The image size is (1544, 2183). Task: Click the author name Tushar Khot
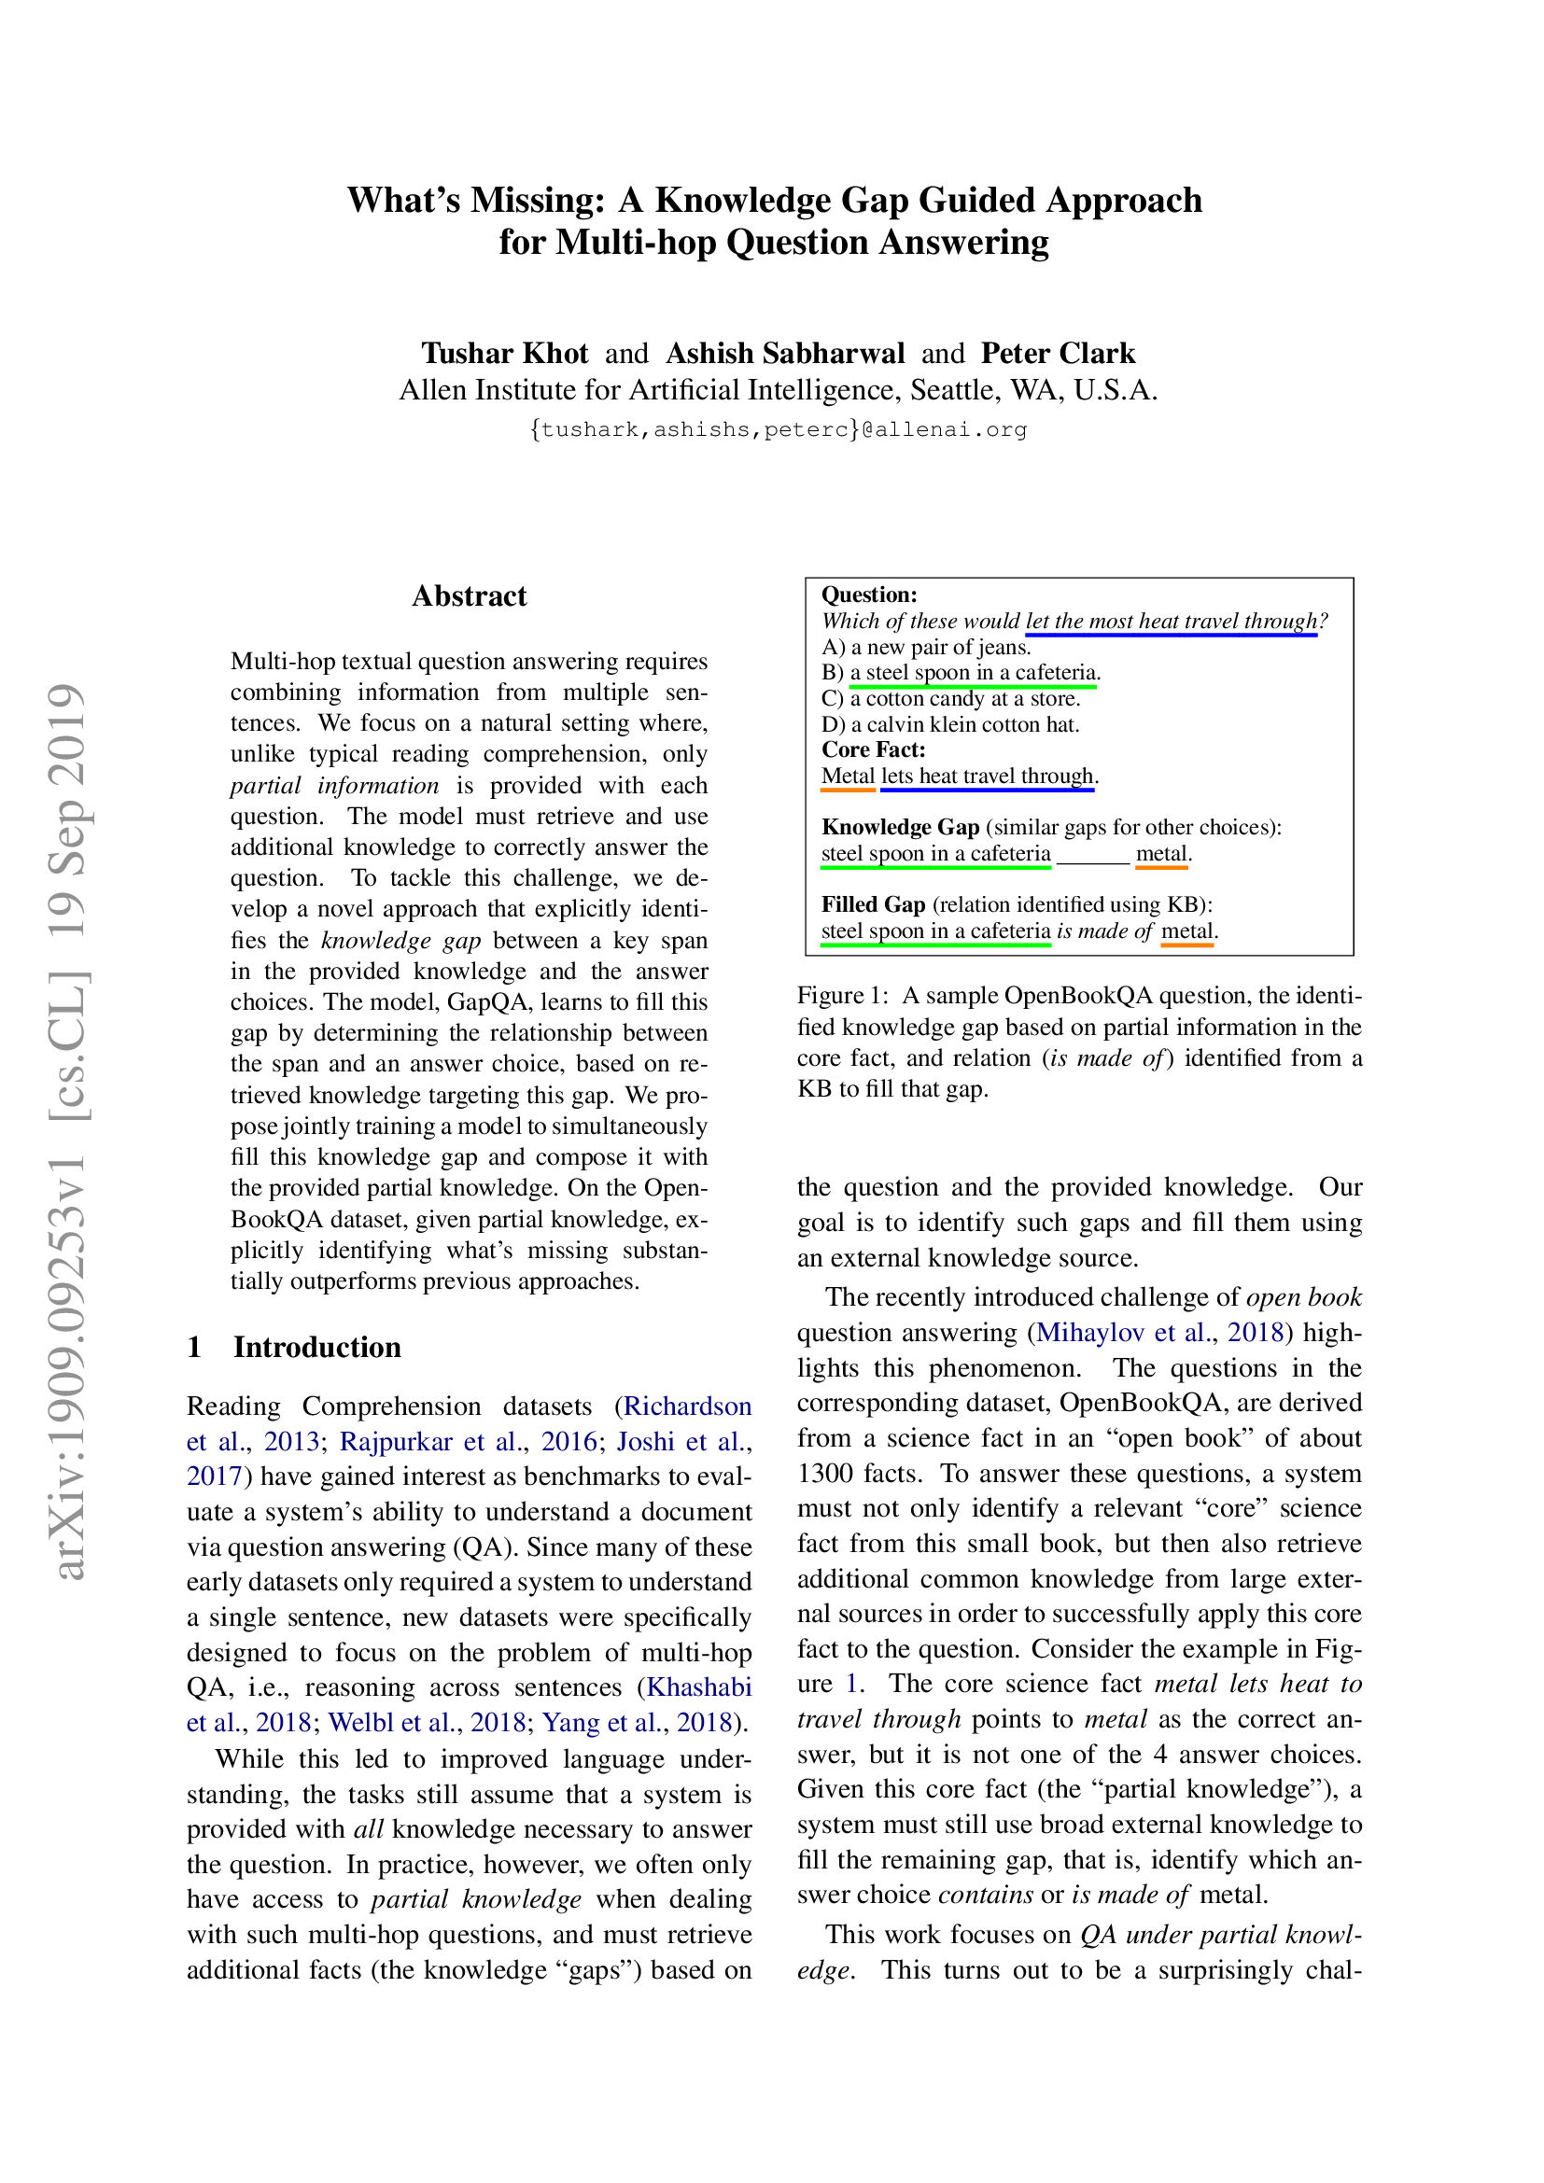(x=505, y=354)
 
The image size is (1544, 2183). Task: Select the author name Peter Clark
(x=1058, y=354)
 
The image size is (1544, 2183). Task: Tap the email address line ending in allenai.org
(x=778, y=429)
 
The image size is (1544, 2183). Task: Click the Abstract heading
(x=469, y=596)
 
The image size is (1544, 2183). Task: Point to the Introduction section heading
(x=316, y=1348)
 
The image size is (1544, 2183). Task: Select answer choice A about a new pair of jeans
(x=926, y=648)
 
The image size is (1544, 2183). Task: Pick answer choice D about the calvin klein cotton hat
(x=949, y=724)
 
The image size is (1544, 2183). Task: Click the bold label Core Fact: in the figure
(x=873, y=750)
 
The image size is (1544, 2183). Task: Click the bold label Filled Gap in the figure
(x=873, y=904)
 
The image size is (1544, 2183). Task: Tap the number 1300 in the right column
(x=824, y=1474)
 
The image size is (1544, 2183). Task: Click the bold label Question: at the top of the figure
(x=869, y=595)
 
